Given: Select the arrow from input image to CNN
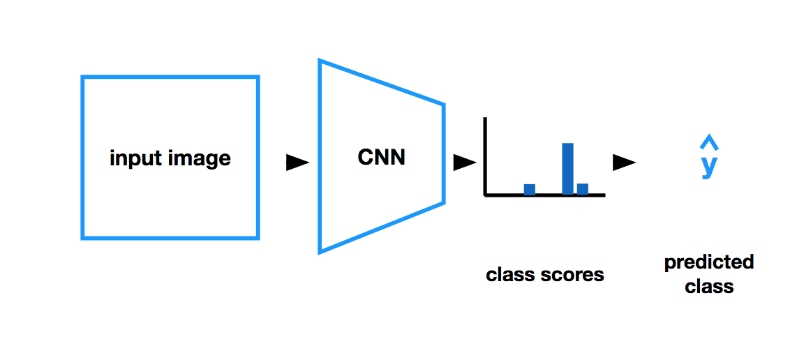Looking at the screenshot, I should (297, 163).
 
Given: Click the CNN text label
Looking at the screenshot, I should (381, 157).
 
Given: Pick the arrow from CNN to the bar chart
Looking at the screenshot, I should (464, 163).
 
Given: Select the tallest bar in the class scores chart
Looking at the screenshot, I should (567, 168).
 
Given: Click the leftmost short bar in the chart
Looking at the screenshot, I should (530, 189).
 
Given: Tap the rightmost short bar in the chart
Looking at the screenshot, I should (583, 188).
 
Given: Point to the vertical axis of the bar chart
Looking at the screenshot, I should (485, 156).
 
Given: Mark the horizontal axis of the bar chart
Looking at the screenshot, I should (544, 195).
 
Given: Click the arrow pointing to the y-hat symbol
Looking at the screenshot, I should (623, 163).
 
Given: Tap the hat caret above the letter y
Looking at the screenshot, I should (709, 144).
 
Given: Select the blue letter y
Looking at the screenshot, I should (709, 166).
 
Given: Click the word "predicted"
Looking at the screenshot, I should (709, 262).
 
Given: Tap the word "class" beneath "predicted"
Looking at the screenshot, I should (709, 286).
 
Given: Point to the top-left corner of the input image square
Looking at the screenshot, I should (83, 77).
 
